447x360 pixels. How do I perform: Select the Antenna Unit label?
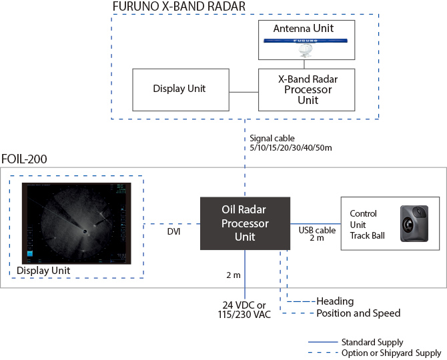tap(303, 29)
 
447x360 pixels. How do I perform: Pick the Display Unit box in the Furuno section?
tap(179, 89)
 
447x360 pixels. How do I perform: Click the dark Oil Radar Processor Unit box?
tap(245, 223)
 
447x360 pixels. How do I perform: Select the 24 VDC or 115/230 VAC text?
tap(245, 309)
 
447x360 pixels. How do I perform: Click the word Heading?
tap(335, 301)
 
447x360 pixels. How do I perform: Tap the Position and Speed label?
tap(358, 313)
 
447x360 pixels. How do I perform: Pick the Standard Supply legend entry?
tap(372, 343)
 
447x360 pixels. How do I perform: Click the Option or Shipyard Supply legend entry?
tap(390, 353)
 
